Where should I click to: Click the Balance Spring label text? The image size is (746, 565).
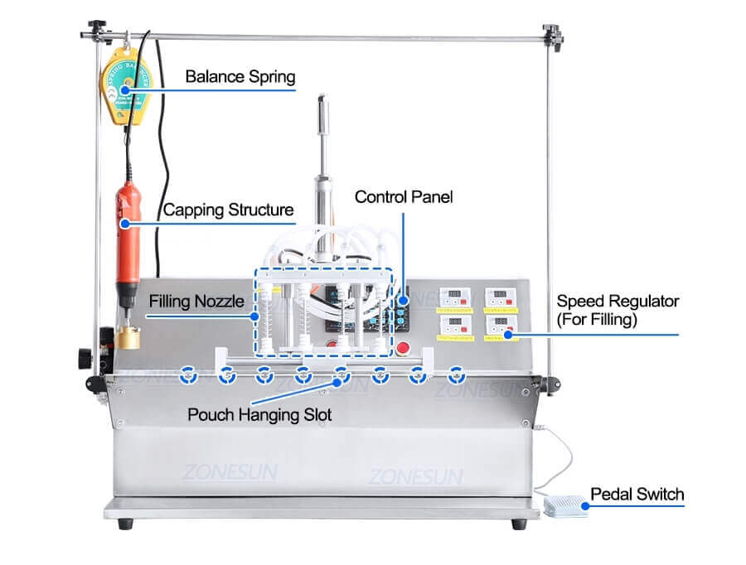(x=240, y=77)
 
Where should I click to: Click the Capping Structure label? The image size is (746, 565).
(x=228, y=210)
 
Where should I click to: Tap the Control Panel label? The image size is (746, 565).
(x=404, y=197)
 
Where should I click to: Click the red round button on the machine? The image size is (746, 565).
(x=404, y=349)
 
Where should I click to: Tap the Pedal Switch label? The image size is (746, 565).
(x=637, y=495)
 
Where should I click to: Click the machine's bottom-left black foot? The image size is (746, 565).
(x=124, y=524)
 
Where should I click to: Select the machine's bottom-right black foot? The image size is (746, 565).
(x=519, y=524)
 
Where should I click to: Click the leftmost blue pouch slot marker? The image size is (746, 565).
(x=188, y=374)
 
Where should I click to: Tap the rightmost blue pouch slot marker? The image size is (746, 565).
(x=455, y=374)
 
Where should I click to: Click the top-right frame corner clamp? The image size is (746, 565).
(x=552, y=33)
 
